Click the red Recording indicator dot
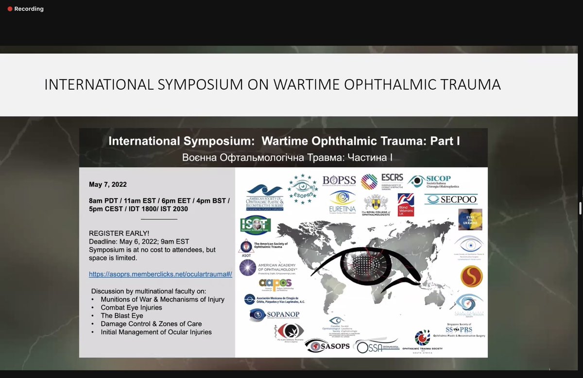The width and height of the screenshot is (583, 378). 10,9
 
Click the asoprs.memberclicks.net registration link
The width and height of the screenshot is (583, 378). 160,274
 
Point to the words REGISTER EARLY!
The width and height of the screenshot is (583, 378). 119,233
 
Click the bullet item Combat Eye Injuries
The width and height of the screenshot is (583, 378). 131,308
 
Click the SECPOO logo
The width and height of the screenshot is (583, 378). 451,199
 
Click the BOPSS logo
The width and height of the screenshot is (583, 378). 340,181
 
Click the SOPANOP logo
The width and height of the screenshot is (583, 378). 274,314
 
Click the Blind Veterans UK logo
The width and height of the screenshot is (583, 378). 406,205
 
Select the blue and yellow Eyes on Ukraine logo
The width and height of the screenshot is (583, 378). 470,219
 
